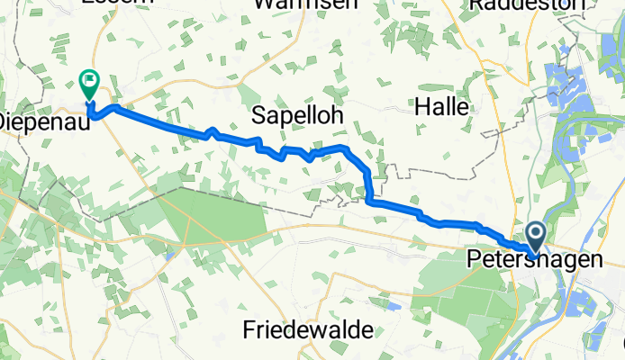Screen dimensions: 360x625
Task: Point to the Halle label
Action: (x=441, y=107)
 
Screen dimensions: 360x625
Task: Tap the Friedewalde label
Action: (x=308, y=330)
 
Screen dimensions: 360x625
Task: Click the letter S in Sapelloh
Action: (x=260, y=115)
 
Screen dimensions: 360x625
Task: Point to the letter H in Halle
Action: (x=421, y=107)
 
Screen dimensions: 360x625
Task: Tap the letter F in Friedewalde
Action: (x=249, y=330)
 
